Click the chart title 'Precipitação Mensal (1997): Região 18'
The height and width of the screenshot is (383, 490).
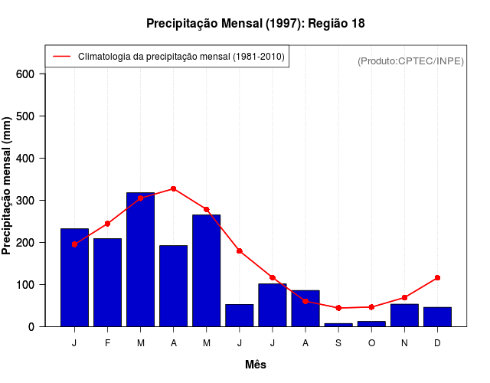pyautogui.click(x=255, y=24)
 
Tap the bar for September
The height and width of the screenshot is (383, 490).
pyautogui.click(x=338, y=325)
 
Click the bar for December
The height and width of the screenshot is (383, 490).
pyautogui.click(x=437, y=316)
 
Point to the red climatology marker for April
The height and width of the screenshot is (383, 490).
pyautogui.click(x=174, y=188)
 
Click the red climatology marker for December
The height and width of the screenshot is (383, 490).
pyautogui.click(x=437, y=277)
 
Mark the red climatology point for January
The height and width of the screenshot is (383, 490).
pyautogui.click(x=74, y=244)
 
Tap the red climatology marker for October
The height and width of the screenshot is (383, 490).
pyautogui.click(x=371, y=307)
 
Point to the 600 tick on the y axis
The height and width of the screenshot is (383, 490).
pyautogui.click(x=26, y=74)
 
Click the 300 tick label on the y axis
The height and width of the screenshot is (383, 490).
pyautogui.click(x=26, y=201)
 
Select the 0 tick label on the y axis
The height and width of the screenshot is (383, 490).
pyautogui.click(x=31, y=327)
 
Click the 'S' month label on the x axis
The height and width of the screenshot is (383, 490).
pyautogui.click(x=338, y=343)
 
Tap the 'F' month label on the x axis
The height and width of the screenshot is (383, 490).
pyautogui.click(x=107, y=343)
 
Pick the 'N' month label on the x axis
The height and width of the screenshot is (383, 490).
pyautogui.click(x=404, y=343)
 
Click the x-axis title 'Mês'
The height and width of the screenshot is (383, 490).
pyautogui.click(x=256, y=365)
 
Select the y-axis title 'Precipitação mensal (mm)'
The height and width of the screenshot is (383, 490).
pyautogui.click(x=8, y=185)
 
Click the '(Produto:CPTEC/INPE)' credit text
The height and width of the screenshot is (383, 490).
pyautogui.click(x=411, y=61)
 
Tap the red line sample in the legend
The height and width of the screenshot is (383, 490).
pyautogui.click(x=61, y=56)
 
